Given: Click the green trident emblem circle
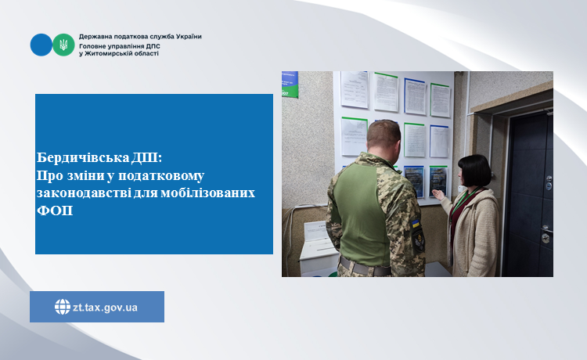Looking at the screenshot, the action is pos(63,45).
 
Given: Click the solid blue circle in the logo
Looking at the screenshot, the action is pos(41,45).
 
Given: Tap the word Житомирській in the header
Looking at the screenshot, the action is pos(106,53).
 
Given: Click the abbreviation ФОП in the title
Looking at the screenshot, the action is pos(55,211).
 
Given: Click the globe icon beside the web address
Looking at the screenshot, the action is pos(63,307).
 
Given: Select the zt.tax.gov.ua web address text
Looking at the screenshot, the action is pos(105,308).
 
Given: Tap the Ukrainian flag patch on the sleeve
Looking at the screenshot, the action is pos(416,224).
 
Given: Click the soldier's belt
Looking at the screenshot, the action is pos(365,266).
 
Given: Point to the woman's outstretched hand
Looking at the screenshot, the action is pos(438,195).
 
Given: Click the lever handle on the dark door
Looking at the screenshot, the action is pos(546,229).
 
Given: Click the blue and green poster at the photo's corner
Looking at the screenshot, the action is pos(290,85).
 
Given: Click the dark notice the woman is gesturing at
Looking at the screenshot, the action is pos(438,182).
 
